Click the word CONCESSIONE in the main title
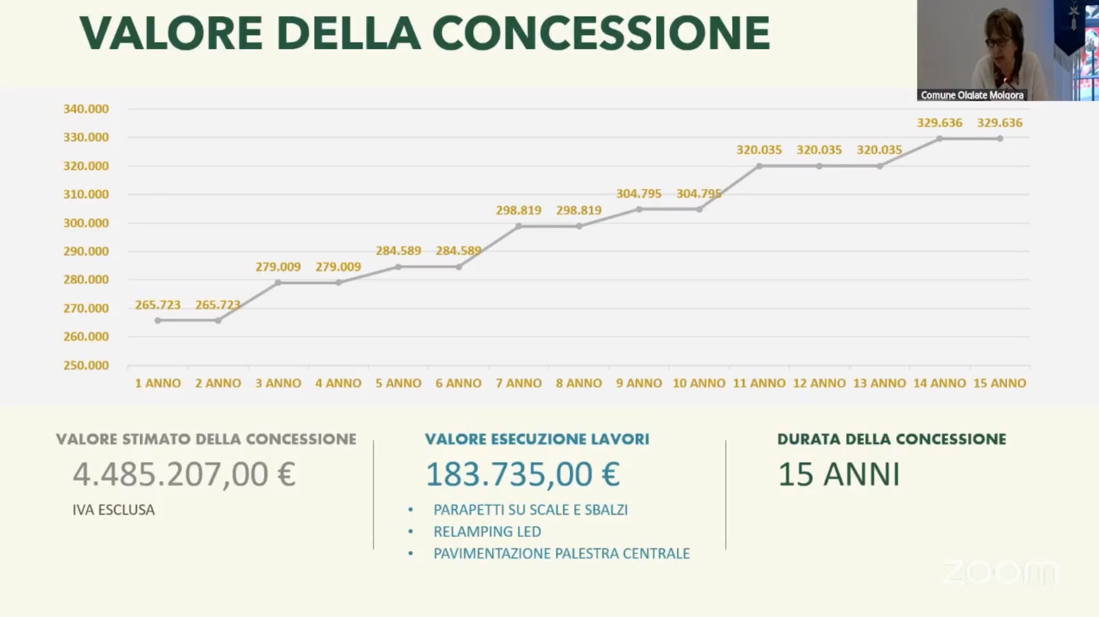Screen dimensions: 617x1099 (x=601, y=33)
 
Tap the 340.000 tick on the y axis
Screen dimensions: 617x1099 (x=86, y=109)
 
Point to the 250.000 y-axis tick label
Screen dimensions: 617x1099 (x=86, y=365)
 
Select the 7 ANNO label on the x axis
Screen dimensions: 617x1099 (x=519, y=383)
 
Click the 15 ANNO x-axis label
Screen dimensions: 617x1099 (x=1000, y=383)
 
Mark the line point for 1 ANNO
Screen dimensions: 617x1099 (x=158, y=321)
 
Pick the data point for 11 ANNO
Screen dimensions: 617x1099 (x=759, y=166)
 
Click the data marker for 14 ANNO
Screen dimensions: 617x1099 (x=940, y=139)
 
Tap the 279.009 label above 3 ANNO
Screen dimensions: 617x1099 (x=278, y=267)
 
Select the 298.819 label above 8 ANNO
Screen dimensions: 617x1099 (x=579, y=211)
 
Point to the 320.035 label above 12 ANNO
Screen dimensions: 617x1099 (x=819, y=150)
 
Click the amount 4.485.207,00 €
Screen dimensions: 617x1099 (x=185, y=475)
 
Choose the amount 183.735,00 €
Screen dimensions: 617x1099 (x=523, y=475)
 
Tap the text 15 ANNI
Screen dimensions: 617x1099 (x=839, y=475)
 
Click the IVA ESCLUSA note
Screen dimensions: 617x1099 (x=114, y=510)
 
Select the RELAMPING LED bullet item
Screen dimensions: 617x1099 (x=487, y=532)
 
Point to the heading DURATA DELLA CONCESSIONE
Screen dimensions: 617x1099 (x=891, y=439)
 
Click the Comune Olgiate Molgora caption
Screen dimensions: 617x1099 (x=972, y=95)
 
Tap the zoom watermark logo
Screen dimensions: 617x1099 (x=1000, y=572)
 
